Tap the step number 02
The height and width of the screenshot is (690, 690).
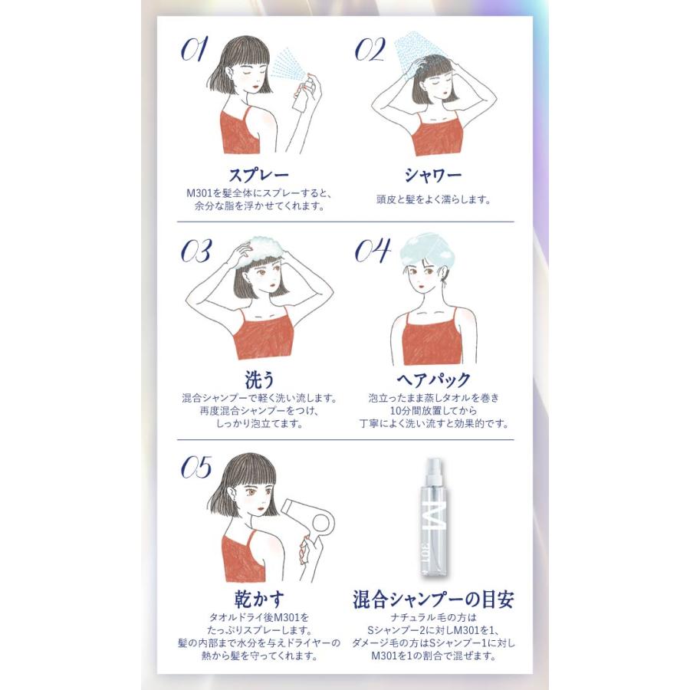370,49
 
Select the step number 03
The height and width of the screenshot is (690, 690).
196,251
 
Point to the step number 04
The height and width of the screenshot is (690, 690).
373,251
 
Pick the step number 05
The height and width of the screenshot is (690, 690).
196,468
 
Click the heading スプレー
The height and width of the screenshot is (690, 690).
259,175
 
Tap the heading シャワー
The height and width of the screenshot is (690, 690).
433,175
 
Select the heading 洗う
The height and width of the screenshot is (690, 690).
259,379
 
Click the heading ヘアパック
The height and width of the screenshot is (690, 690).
433,379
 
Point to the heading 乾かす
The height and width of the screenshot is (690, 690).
259,599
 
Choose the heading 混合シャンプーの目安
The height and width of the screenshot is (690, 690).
433,599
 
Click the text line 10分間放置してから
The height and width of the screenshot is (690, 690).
433,411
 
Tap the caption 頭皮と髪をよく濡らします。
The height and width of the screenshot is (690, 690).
433,200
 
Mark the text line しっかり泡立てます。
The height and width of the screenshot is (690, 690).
259,424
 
